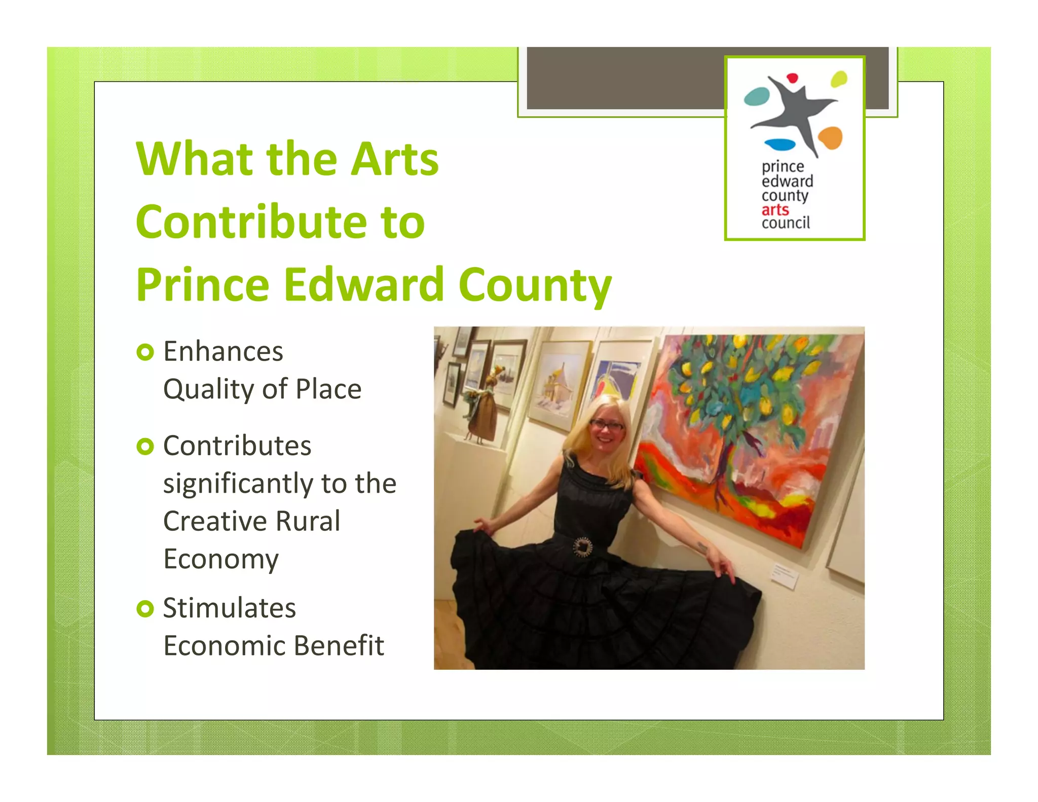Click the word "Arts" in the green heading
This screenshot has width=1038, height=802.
(395, 159)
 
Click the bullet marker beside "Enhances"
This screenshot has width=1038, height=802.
(145, 352)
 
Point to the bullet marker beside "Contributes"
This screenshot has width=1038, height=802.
(145, 446)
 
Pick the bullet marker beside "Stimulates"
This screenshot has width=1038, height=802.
(145, 608)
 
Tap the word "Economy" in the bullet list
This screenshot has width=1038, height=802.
(221, 559)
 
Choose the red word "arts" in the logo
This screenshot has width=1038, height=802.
(775, 210)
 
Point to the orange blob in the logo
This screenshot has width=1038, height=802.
(830, 137)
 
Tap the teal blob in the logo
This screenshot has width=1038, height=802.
(756, 96)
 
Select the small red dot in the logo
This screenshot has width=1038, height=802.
(792, 78)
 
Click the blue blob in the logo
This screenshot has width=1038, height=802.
(780, 144)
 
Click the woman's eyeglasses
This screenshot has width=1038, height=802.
(607, 425)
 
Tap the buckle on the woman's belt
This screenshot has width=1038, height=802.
(583, 547)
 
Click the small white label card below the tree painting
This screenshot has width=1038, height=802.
(785, 575)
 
